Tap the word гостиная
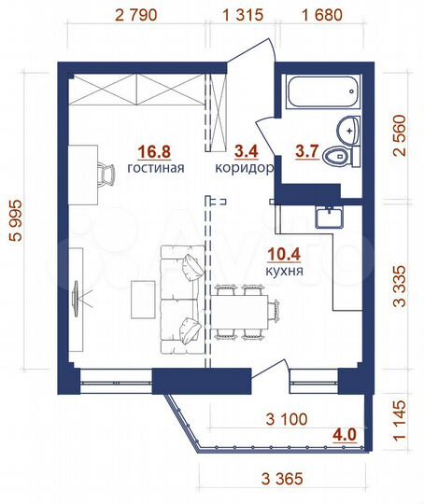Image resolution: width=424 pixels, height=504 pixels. click(x=156, y=169)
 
